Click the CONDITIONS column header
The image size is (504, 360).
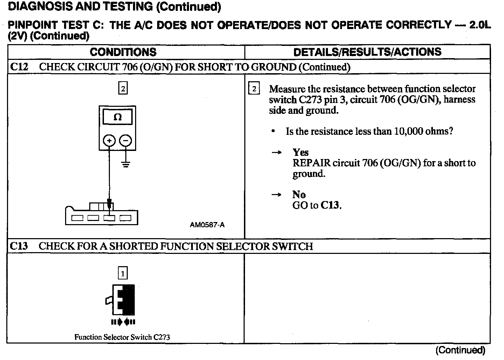pyautogui.click(x=123, y=52)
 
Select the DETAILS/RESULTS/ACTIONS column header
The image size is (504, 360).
pyautogui.click(x=367, y=52)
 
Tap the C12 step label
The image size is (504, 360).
pyautogui.click(x=19, y=67)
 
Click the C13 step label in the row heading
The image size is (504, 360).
pyautogui.click(x=19, y=246)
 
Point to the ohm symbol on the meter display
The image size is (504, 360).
pyautogui.click(x=118, y=117)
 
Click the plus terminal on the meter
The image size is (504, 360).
pyautogui.click(x=109, y=141)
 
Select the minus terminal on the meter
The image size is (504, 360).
pyautogui.click(x=126, y=141)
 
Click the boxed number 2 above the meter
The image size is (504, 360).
pyautogui.click(x=123, y=89)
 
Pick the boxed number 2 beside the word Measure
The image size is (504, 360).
pyautogui.click(x=254, y=89)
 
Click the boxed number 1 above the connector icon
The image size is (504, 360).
pyautogui.click(x=123, y=273)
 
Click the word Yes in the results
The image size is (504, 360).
pyautogui.click(x=301, y=152)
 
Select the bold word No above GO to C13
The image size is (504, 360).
pyautogui.click(x=299, y=195)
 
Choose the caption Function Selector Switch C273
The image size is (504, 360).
pyautogui.click(x=122, y=337)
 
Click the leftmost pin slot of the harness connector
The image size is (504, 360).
pyautogui.click(x=77, y=218)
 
